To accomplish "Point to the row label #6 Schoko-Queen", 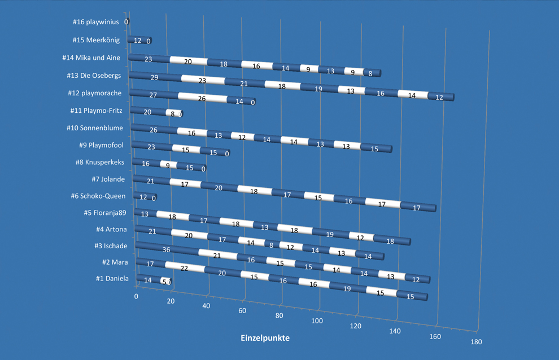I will click(98, 196).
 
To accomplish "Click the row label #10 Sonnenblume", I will click(95, 128).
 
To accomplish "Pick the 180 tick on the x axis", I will click(475, 341).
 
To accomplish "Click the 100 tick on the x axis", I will click(317, 321).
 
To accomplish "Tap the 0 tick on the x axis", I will click(136, 296).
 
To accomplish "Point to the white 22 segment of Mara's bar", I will click(184, 267).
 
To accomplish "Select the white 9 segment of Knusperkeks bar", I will click(168, 166).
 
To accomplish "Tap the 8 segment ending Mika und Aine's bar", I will click(369, 73).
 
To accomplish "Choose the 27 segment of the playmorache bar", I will click(153, 95).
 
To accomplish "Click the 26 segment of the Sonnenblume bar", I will click(153, 130).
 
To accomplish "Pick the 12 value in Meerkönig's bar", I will click(137, 41).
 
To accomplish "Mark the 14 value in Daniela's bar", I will click(148, 280).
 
